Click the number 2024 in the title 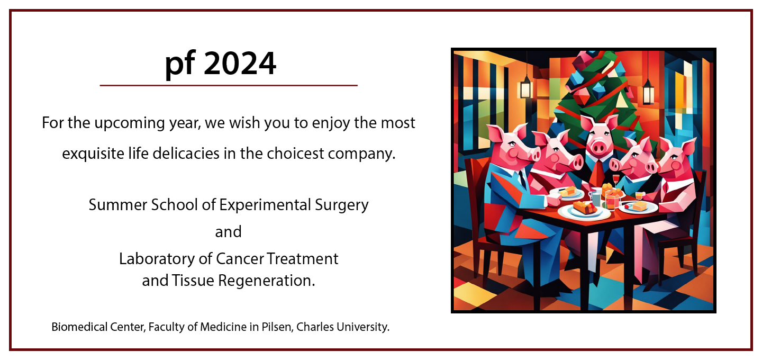240,64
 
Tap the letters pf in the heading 180,65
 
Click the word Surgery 341,205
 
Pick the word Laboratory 157,259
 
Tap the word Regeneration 266,281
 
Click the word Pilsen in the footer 277,327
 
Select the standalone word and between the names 228,232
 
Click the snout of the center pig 598,148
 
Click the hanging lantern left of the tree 526,87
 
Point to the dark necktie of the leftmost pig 522,179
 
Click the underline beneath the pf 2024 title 229,85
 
